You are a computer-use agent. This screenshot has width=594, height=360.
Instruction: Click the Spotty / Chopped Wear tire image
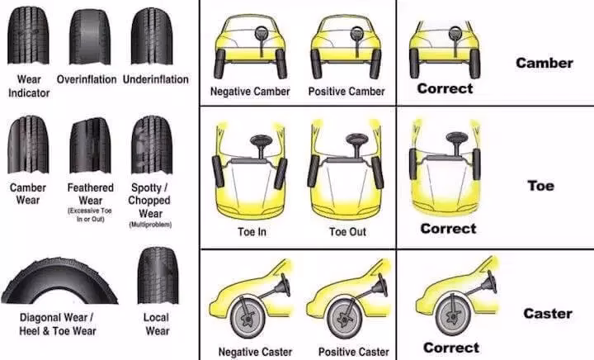click(x=151, y=144)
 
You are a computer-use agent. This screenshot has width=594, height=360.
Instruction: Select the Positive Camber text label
click(x=346, y=91)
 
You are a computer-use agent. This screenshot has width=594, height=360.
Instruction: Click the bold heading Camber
click(x=544, y=63)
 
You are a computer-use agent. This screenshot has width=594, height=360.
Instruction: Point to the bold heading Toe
click(x=540, y=186)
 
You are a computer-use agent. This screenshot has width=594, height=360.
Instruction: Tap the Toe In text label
click(x=251, y=232)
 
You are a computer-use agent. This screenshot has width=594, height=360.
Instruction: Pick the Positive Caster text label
click(x=353, y=352)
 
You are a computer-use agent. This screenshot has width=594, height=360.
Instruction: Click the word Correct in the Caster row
click(x=450, y=348)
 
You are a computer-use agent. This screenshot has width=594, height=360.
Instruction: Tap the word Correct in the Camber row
click(x=445, y=88)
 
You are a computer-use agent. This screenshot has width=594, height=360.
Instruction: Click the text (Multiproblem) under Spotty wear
click(x=149, y=225)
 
